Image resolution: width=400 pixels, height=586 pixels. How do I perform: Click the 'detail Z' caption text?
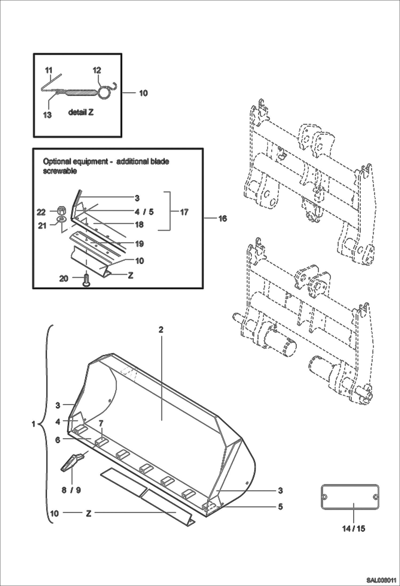click(x=81, y=112)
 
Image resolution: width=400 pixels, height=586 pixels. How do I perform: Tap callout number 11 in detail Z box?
click(x=49, y=71)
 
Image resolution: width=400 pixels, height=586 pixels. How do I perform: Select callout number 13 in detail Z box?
click(x=47, y=115)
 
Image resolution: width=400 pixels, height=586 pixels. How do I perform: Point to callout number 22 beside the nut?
click(x=41, y=212)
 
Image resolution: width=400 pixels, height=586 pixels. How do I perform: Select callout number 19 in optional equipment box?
click(x=140, y=244)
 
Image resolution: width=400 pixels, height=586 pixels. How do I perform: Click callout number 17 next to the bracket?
click(x=184, y=212)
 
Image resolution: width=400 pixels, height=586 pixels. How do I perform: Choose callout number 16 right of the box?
click(x=223, y=219)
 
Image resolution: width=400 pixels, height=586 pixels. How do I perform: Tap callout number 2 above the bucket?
click(x=161, y=330)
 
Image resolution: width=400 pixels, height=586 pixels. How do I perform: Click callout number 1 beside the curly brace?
click(x=34, y=424)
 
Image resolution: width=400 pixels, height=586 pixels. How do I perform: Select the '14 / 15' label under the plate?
click(x=354, y=528)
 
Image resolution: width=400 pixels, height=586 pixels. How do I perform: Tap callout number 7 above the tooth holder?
click(x=101, y=423)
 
